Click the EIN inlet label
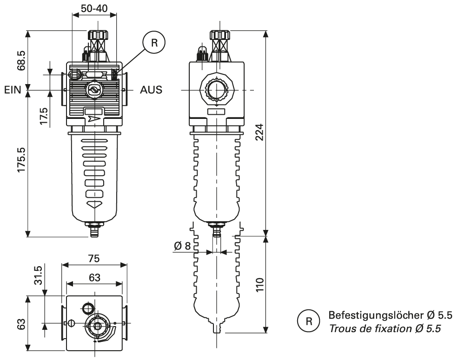click(x=13, y=90)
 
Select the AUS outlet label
click(x=151, y=90)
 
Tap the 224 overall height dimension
click(x=260, y=133)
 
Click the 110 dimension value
click(x=260, y=284)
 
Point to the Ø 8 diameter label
click(x=183, y=246)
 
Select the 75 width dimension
click(x=94, y=258)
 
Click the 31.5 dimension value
click(x=40, y=275)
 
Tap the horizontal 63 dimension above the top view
click(x=94, y=278)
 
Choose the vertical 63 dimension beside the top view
click(x=20, y=324)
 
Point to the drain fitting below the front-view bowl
click(x=94, y=230)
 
